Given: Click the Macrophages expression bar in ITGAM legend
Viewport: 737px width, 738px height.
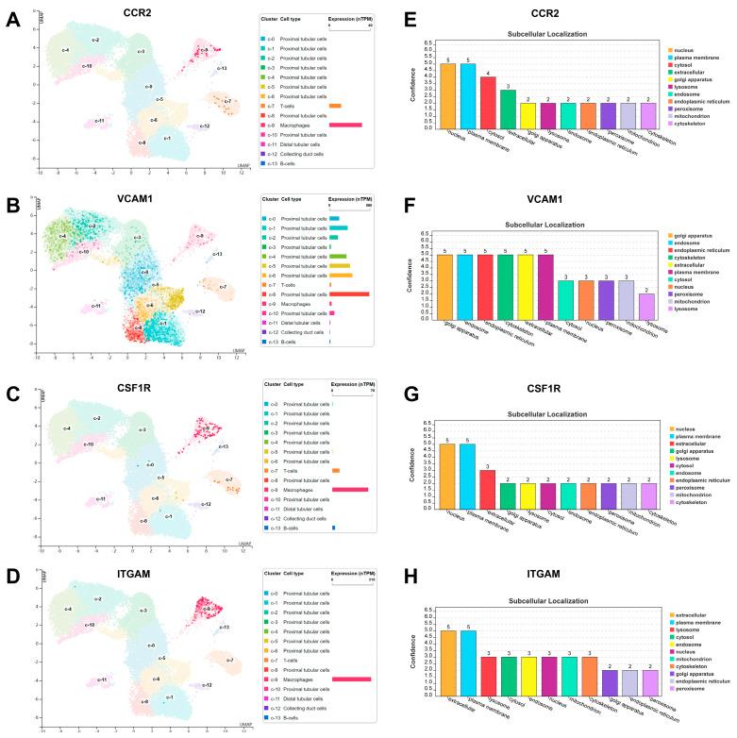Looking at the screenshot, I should tap(350, 679).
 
